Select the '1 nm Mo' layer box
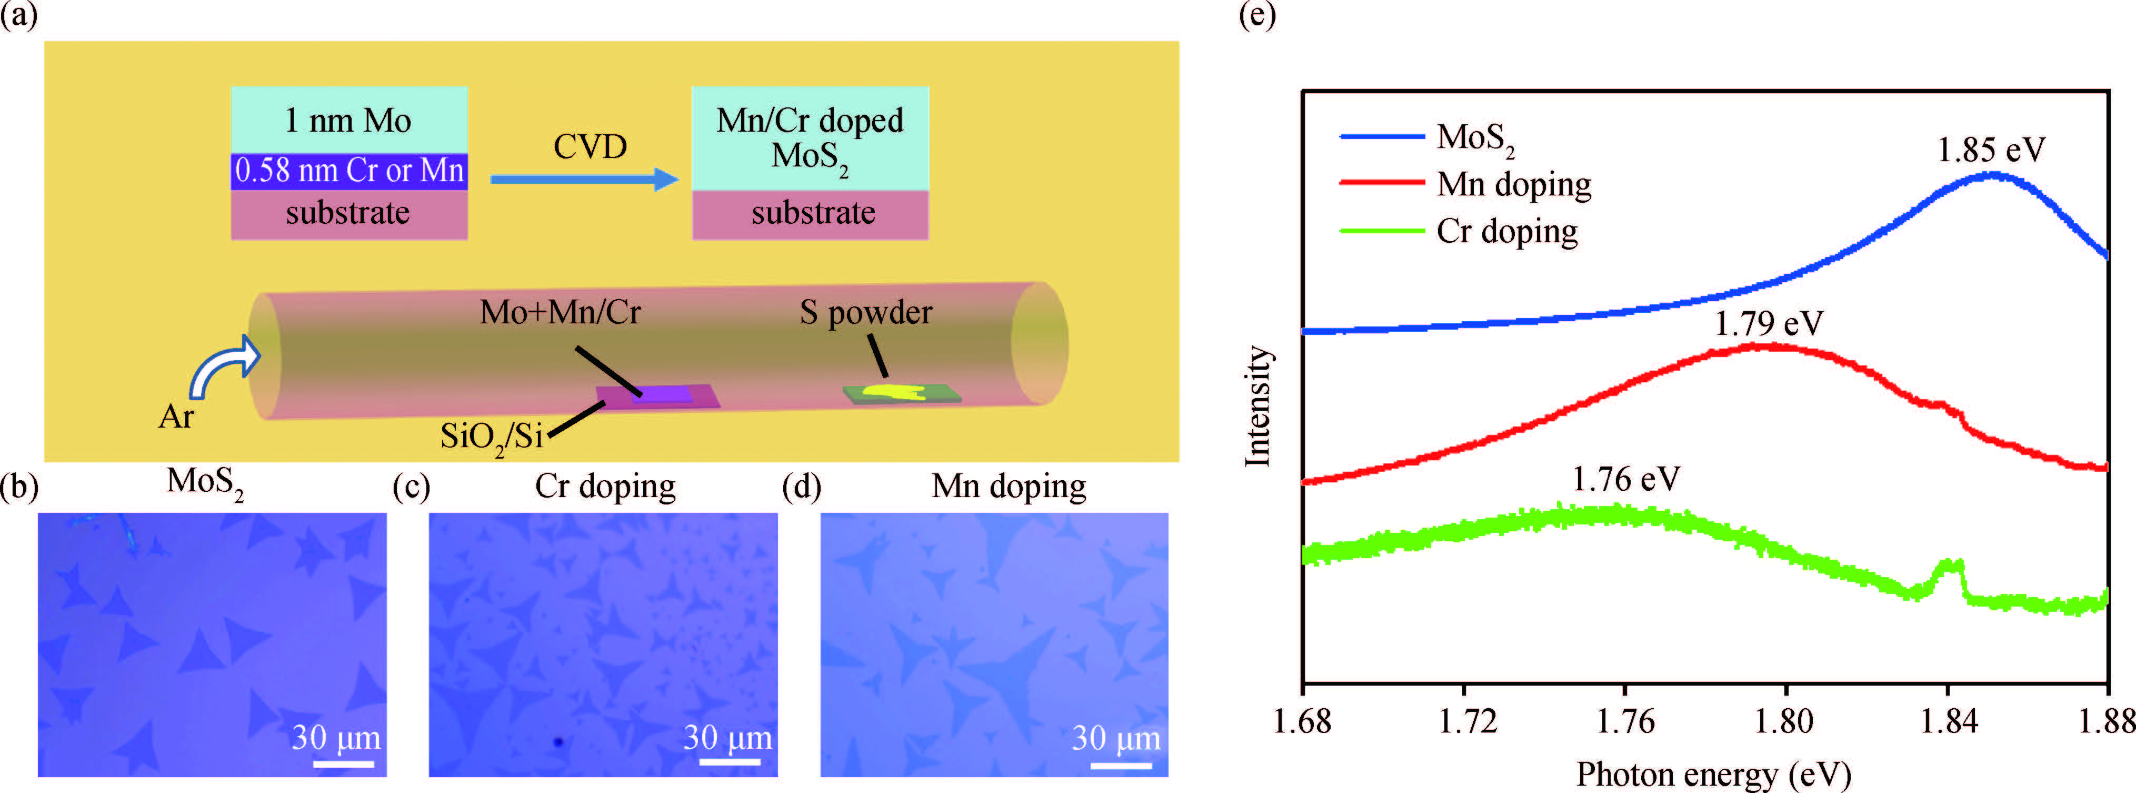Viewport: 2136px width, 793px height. click(x=348, y=120)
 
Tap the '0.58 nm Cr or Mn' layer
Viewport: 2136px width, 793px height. click(x=348, y=171)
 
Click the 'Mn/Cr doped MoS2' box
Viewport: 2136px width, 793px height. click(x=810, y=138)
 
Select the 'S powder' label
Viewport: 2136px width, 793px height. click(x=866, y=313)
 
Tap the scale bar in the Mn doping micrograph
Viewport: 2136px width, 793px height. click(x=1120, y=765)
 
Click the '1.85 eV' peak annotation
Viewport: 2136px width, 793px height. click(x=1991, y=150)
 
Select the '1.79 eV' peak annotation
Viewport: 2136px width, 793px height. click(x=1768, y=323)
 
